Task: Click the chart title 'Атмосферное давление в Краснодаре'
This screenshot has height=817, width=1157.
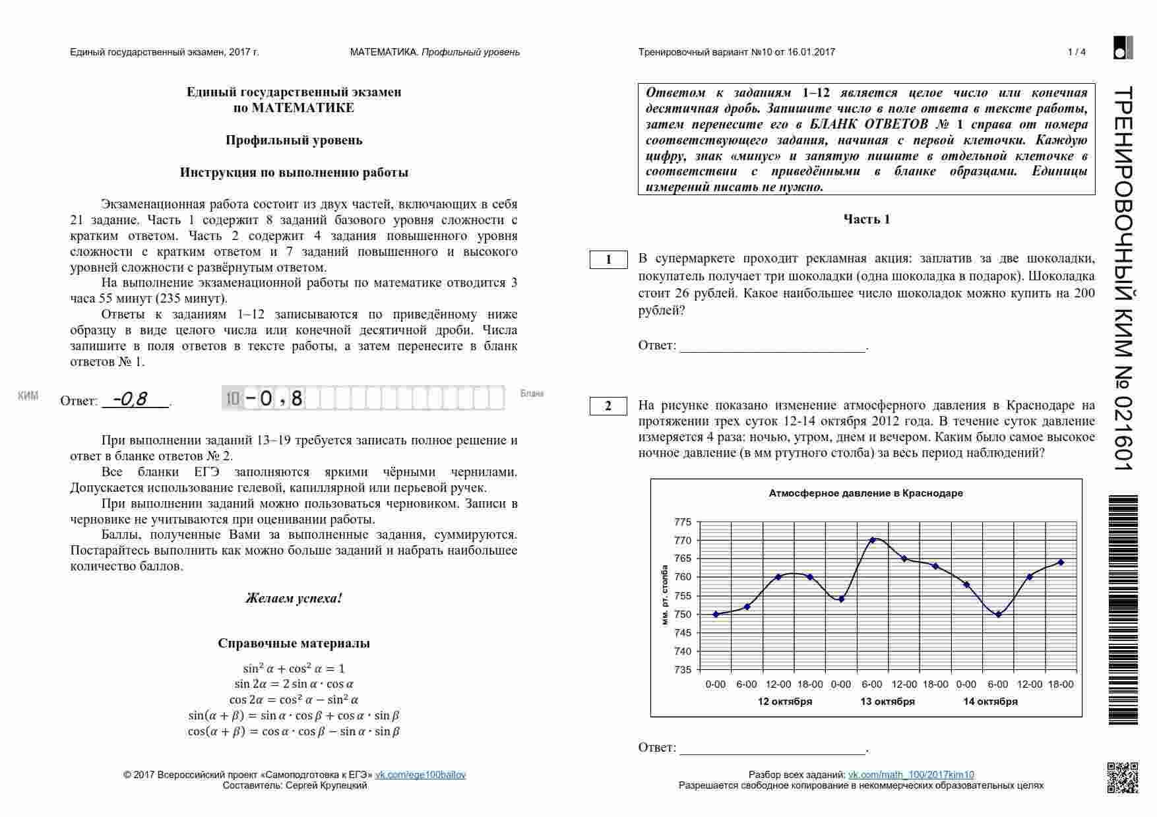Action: [865, 493]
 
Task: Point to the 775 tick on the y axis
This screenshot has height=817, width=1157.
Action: [683, 522]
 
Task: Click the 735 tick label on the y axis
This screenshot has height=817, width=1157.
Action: [683, 670]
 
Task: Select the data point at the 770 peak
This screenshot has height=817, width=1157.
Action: [873, 540]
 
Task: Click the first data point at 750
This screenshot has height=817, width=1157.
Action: [716, 614]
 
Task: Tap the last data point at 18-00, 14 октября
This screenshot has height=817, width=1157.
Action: [1061, 562]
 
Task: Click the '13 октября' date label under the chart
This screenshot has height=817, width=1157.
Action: [887, 702]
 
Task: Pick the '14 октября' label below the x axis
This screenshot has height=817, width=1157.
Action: [990, 702]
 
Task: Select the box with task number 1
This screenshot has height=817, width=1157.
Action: [608, 260]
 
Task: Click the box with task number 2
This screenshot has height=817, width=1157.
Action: [608, 406]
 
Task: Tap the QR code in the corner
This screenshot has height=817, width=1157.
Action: [1122, 777]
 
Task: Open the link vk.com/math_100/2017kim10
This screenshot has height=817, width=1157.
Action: [910, 775]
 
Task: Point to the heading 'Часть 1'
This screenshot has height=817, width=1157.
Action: [866, 220]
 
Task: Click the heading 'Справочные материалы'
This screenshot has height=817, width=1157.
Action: [294, 644]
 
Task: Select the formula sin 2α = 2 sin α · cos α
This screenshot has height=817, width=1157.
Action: [294, 684]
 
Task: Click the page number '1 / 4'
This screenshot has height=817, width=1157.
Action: [1077, 52]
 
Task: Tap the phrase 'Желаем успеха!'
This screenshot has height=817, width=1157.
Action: [294, 599]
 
